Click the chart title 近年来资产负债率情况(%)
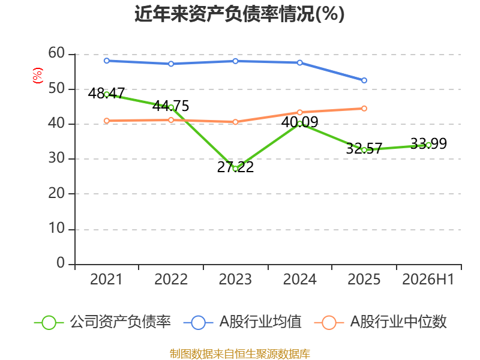pos(239,14)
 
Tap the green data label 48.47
pos(106,93)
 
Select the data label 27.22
pos(235,167)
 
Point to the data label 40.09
pos(299,122)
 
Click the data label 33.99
pos(428,143)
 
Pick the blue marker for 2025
pos(364,80)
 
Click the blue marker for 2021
pos(107,61)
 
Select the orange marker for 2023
pos(235,122)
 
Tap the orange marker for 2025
pos(364,109)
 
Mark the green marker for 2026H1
pos(428,145)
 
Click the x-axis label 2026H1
pos(428,279)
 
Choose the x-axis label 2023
pos(235,279)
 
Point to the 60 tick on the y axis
pos(56,53)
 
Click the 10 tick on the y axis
pos(56,228)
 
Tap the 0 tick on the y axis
pos(61,263)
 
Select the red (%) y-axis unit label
pos(38,76)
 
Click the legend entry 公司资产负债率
pos(103,322)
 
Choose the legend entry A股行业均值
pos(243,322)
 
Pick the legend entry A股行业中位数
pos(380,322)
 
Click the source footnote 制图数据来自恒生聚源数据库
pos(240,354)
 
